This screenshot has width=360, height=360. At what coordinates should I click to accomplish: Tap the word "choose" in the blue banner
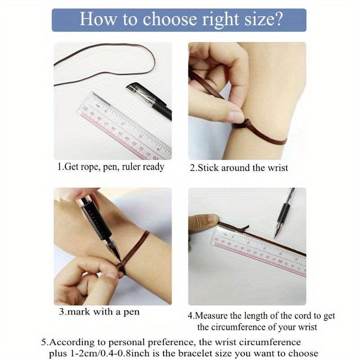(x=170, y=19)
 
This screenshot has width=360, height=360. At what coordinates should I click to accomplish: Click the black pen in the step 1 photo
(x=149, y=100)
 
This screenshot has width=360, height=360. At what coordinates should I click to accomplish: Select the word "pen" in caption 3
(x=131, y=312)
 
